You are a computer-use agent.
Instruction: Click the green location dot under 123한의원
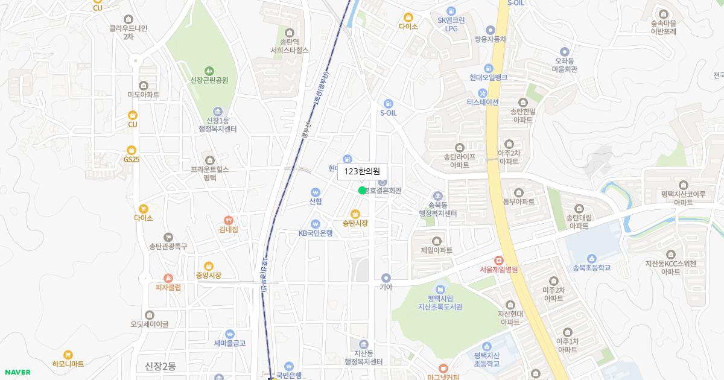362,191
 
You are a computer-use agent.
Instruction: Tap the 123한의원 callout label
362,171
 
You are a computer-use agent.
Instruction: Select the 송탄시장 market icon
355,213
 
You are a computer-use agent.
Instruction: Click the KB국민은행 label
316,233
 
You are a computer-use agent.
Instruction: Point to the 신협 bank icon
316,192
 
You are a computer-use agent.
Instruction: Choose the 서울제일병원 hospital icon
498,260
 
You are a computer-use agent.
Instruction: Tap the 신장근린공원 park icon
209,71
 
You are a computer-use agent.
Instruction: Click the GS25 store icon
132,150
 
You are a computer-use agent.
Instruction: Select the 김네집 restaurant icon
228,221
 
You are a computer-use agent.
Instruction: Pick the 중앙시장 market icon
208,266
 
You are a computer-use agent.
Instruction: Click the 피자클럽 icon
168,278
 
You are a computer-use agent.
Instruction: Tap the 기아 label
386,288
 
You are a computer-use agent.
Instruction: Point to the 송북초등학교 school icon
591,258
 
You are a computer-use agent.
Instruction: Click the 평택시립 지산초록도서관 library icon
440,289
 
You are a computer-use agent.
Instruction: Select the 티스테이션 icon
482,93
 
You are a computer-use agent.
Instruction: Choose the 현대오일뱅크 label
488,77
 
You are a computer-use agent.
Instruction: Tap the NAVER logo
17,372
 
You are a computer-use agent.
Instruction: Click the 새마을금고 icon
229,334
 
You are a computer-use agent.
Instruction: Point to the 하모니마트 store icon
68,355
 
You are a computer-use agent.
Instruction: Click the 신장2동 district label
160,366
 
